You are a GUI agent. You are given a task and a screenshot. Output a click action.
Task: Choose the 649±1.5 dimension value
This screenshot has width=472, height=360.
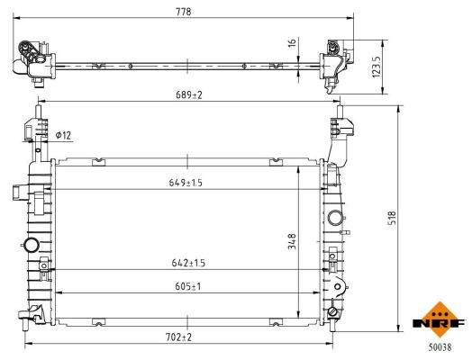click(x=186, y=183)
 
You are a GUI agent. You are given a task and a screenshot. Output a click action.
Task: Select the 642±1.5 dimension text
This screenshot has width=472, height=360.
click(x=186, y=263)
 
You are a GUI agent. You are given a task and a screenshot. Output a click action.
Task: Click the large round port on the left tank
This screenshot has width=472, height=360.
click(x=32, y=246)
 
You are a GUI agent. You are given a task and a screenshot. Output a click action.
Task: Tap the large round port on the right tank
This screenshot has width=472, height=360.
click(x=336, y=217)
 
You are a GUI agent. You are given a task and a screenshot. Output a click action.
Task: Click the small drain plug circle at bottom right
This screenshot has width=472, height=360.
click(x=332, y=312)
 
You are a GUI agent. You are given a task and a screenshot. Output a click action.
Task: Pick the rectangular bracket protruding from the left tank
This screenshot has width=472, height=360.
click(x=19, y=191)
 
